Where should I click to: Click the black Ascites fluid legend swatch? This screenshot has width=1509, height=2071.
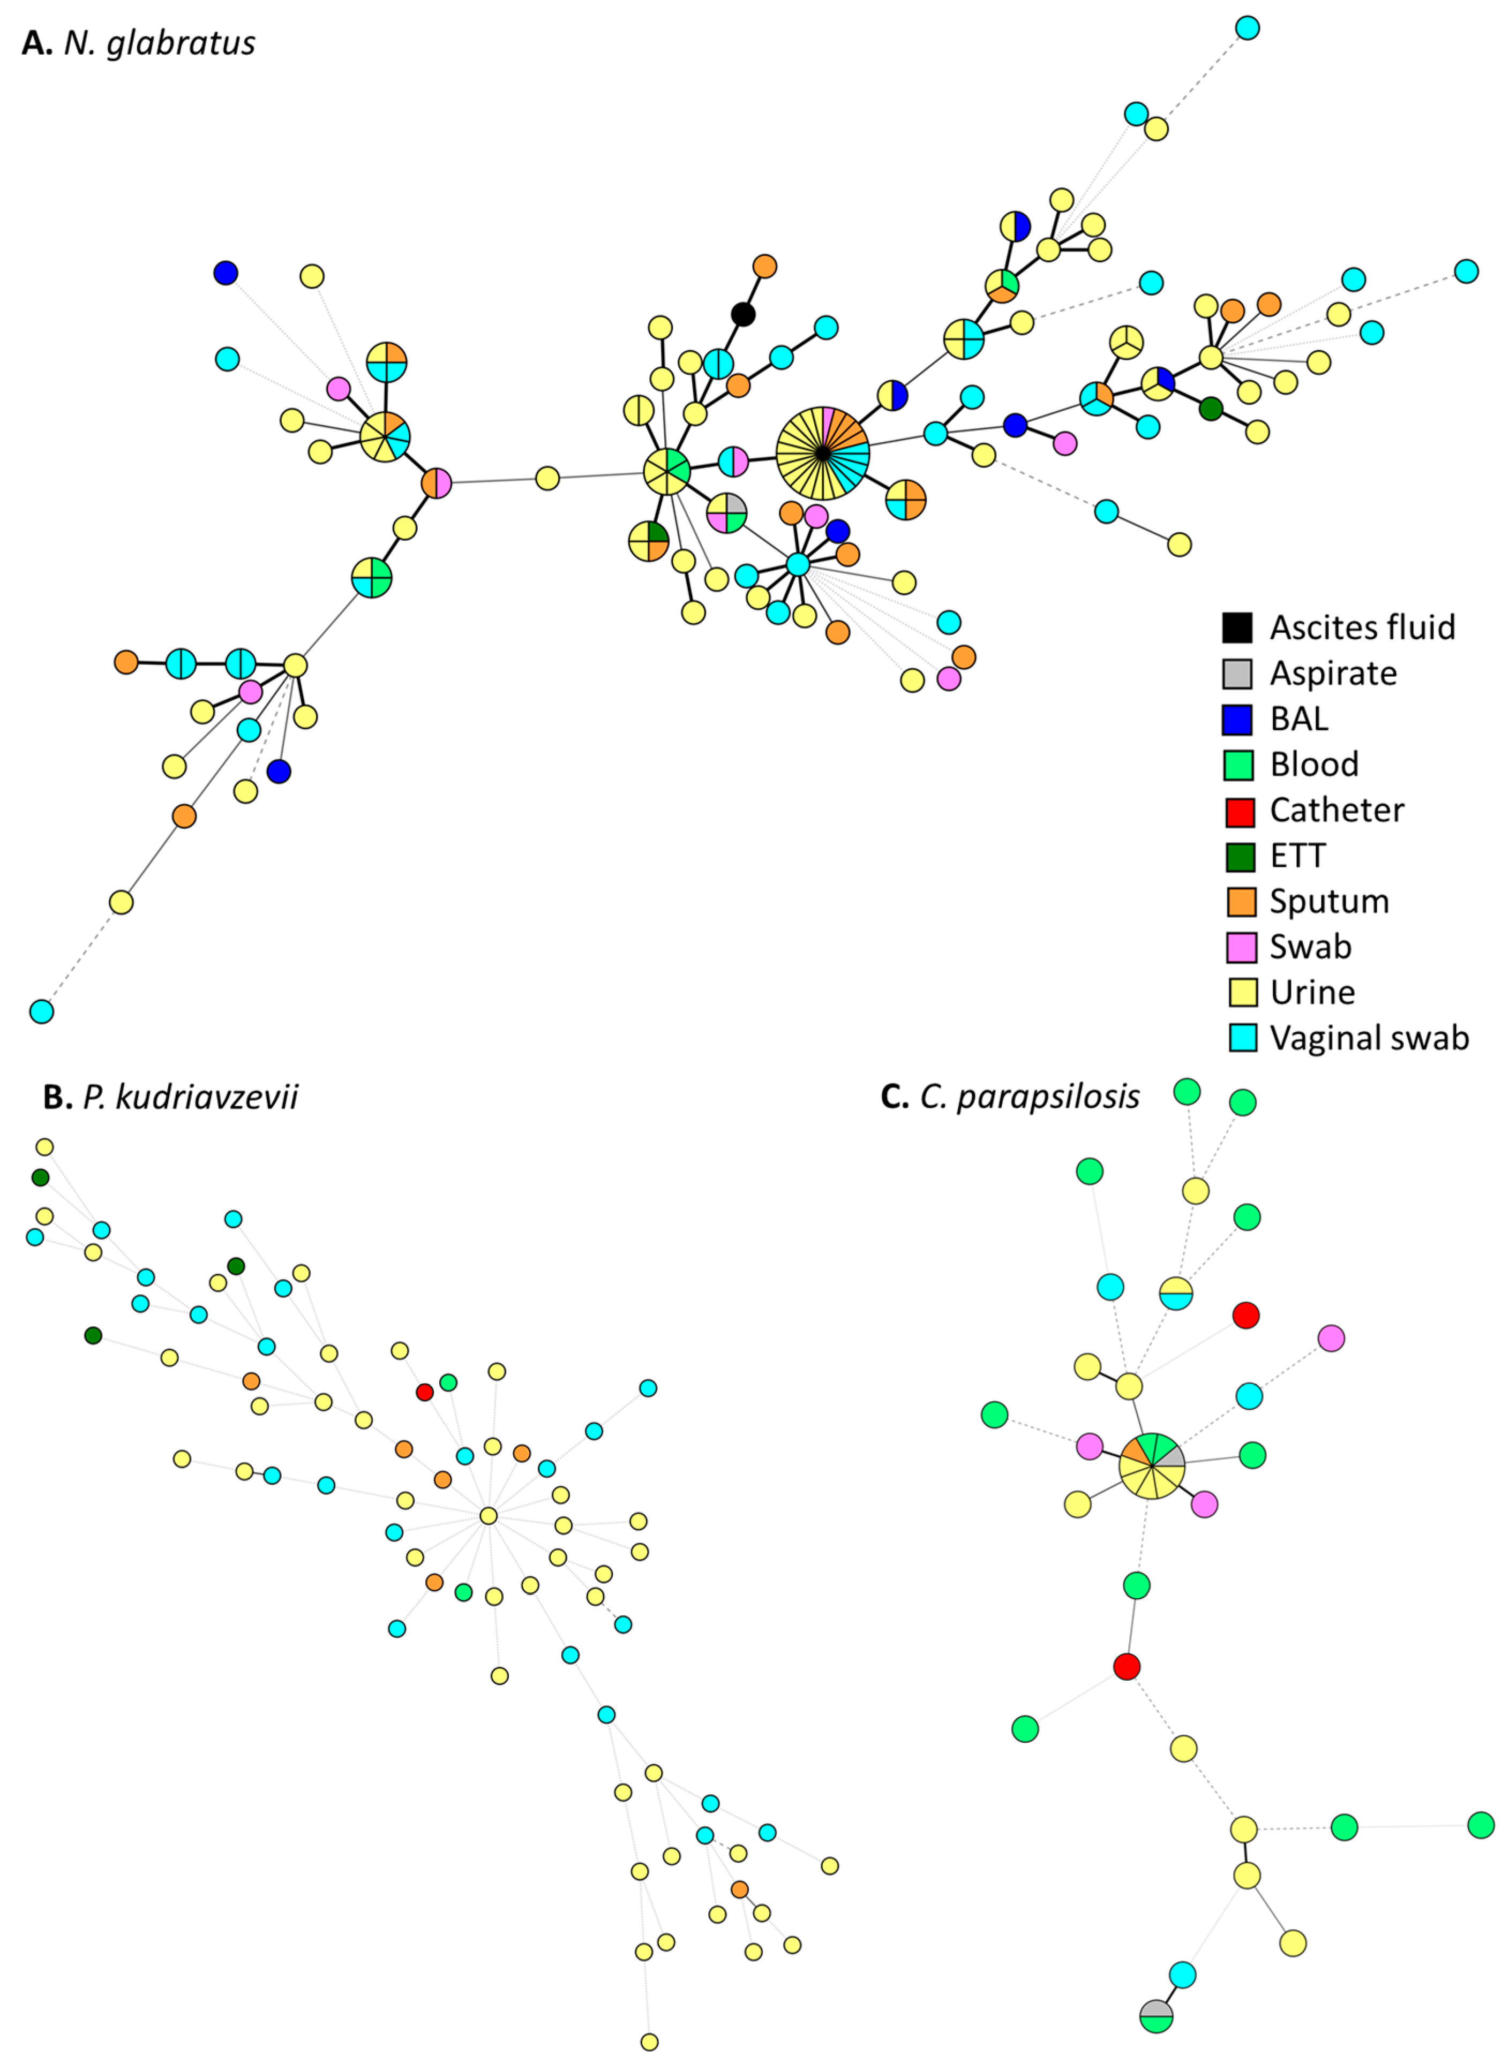point(1238,628)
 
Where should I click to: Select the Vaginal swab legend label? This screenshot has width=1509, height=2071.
point(1368,1038)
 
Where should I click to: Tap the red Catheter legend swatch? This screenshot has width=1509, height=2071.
point(1240,811)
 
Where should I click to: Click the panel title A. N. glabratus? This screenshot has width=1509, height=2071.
point(139,43)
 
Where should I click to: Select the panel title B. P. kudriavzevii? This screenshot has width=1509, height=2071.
point(171,1097)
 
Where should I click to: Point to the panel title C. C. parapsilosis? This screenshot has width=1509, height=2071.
point(1009,1096)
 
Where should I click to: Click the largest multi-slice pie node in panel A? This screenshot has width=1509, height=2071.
point(822,453)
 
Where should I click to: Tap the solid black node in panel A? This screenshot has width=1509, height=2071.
point(744,315)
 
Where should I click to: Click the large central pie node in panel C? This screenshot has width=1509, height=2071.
point(1152,1465)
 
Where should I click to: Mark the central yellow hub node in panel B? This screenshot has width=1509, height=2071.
point(489,1516)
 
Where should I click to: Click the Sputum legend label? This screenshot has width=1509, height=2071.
point(1329,901)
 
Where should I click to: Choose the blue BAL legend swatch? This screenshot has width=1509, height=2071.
point(1238,720)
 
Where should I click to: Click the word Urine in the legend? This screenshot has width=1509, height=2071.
point(1312,993)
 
